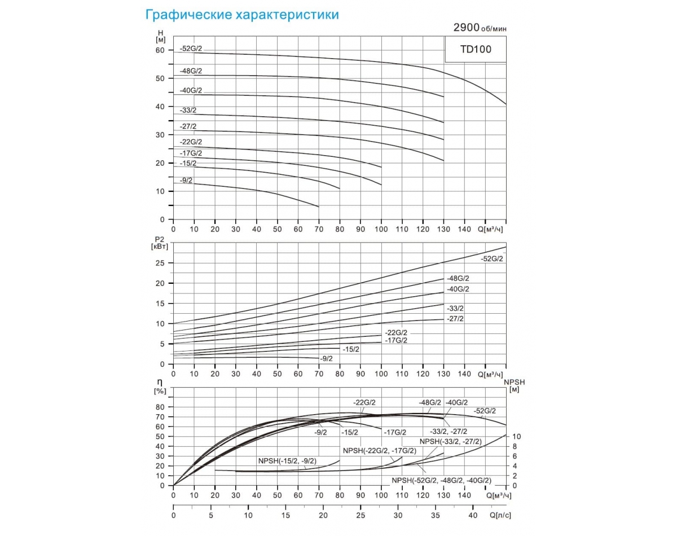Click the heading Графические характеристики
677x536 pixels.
tap(243, 15)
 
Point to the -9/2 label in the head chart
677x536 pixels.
tap(186, 180)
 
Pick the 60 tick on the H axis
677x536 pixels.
tap(161, 50)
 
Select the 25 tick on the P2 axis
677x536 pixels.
tap(161, 263)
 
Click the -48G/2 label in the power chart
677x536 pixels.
tap(458, 279)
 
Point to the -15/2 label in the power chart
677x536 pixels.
tap(351, 349)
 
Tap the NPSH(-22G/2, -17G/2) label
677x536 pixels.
tap(379, 451)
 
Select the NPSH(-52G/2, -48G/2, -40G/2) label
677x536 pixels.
tap(441, 480)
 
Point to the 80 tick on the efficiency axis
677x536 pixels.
tap(161, 407)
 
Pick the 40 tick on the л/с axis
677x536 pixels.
tap(472, 515)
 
